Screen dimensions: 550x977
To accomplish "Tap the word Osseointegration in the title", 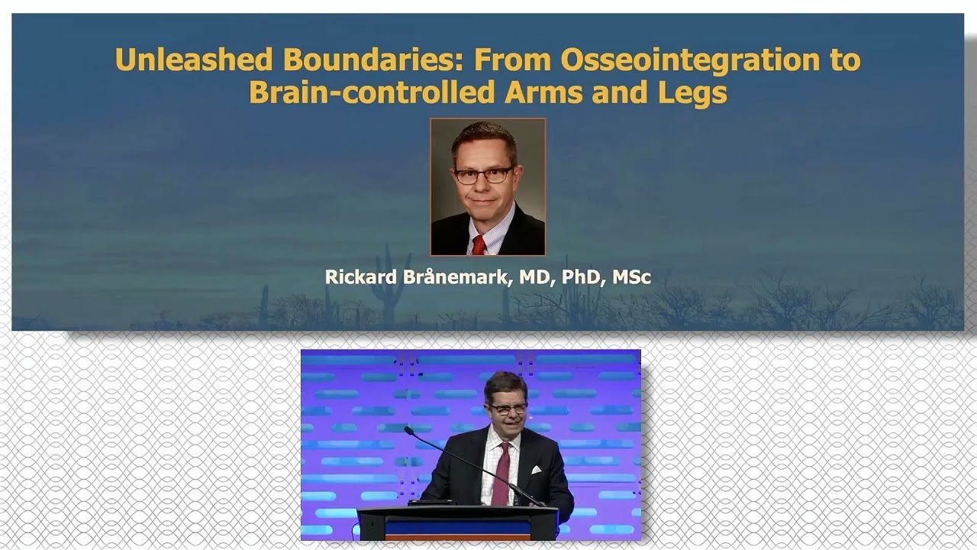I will click(672, 60).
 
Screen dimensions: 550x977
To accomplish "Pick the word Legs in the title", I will click(692, 92).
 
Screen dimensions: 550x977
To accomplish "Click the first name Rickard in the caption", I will click(356, 277).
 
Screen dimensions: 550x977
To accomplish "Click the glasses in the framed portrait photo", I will click(483, 175).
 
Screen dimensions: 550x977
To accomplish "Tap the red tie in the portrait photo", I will click(479, 244).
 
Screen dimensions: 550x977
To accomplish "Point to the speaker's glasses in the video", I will click(506, 409).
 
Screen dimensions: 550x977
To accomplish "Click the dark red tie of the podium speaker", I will click(501, 474).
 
